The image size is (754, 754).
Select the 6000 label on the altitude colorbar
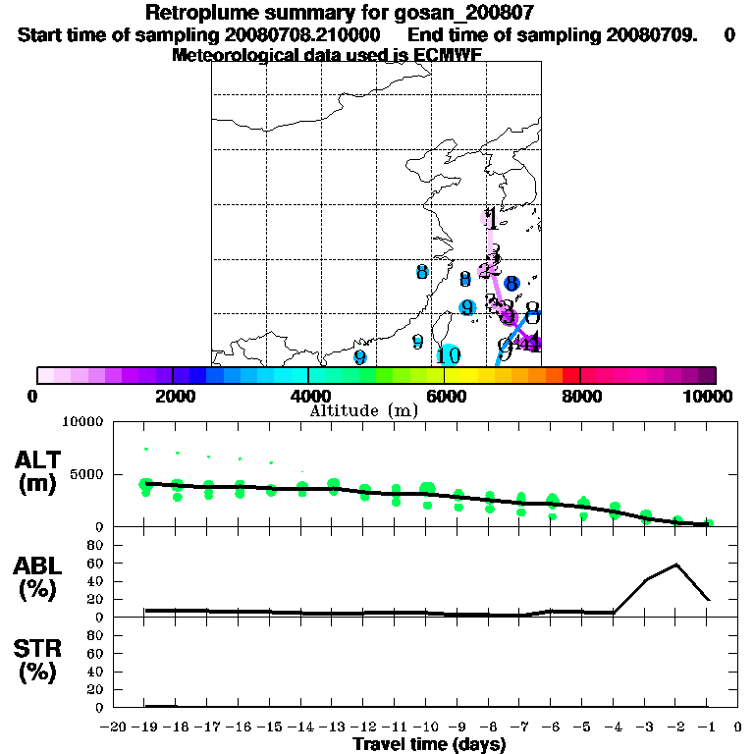pos(447,397)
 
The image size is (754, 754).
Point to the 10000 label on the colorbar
pos(711,397)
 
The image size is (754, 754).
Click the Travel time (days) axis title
pos(429,745)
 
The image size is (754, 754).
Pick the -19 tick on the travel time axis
pos(145,727)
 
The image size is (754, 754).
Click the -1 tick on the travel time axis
pos(709,727)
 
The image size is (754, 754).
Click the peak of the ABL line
pos(676,565)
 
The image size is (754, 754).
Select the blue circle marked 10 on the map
pos(449,355)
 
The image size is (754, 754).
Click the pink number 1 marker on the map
pos(489,219)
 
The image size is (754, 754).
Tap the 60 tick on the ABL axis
pos(97,564)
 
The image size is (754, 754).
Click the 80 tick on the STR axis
pos(97,635)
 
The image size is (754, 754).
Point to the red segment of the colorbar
pos(571,375)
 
